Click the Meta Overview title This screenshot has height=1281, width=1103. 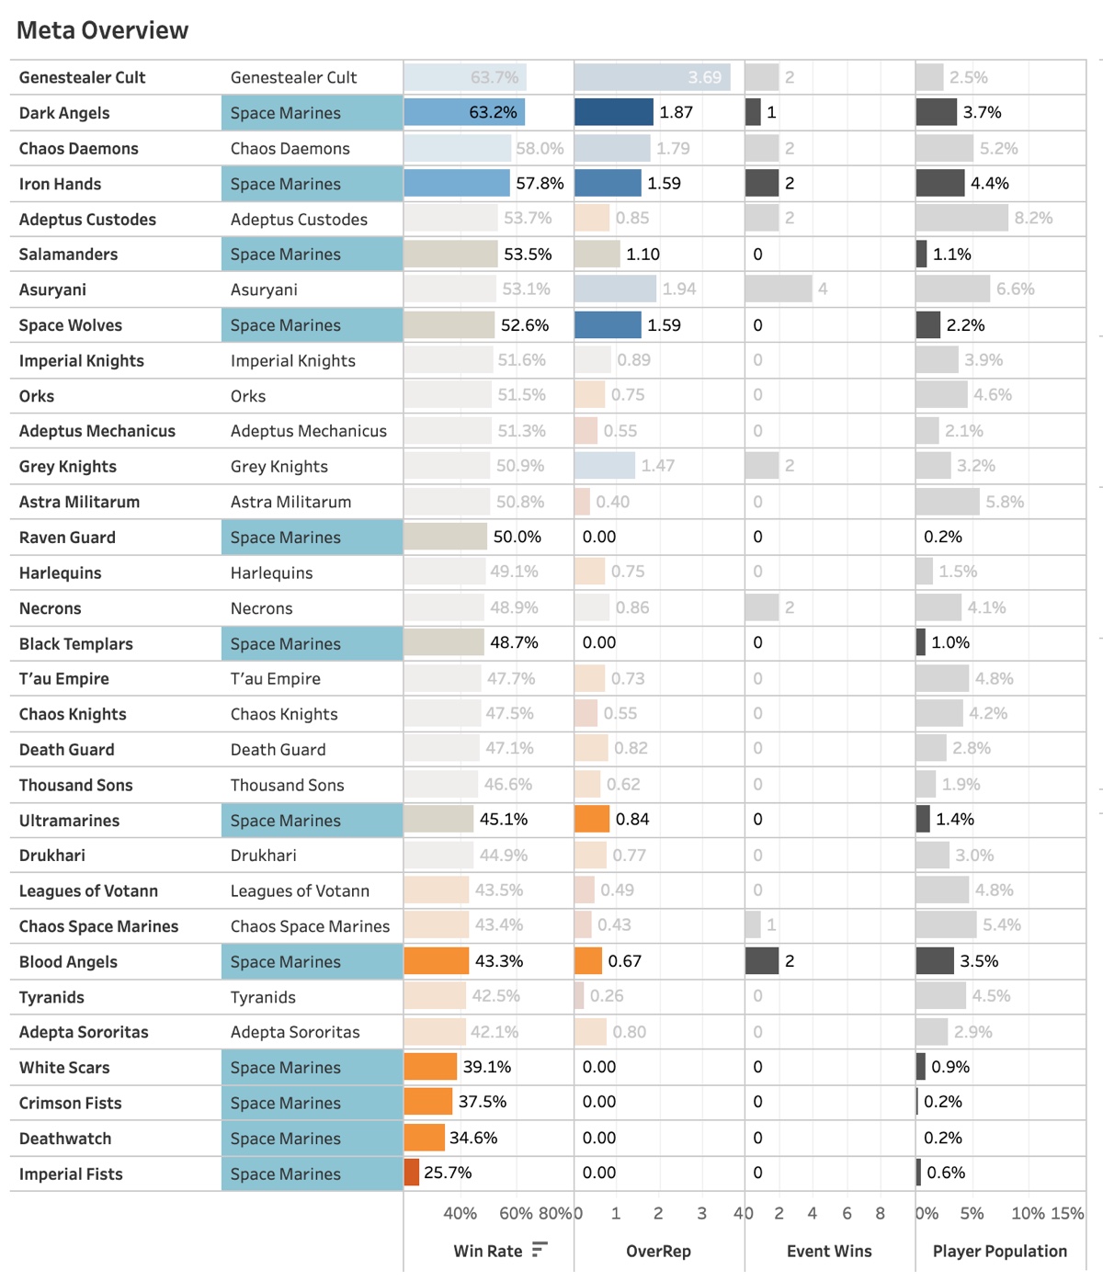click(102, 30)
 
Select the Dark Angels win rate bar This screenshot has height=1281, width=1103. click(464, 112)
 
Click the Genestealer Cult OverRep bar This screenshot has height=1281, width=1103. click(652, 77)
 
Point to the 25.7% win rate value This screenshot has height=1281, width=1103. click(448, 1173)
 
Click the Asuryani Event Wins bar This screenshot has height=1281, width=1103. click(779, 289)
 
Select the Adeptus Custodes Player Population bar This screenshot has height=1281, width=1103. click(961, 218)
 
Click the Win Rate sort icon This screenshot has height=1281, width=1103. click(540, 1250)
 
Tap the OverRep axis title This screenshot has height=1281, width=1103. click(658, 1251)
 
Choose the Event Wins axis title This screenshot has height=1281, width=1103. click(829, 1251)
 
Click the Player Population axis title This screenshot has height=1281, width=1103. click(1000, 1251)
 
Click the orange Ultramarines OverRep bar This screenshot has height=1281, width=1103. click(592, 819)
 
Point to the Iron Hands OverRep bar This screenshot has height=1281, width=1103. click(608, 183)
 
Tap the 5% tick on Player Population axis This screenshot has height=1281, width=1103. click(972, 1213)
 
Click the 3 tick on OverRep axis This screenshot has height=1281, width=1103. click(701, 1213)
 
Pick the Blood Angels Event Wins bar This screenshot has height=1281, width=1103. click(762, 960)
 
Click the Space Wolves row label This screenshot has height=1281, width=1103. click(71, 325)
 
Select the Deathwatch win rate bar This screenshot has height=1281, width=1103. click(425, 1138)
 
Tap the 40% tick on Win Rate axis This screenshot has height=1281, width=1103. click(460, 1213)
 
